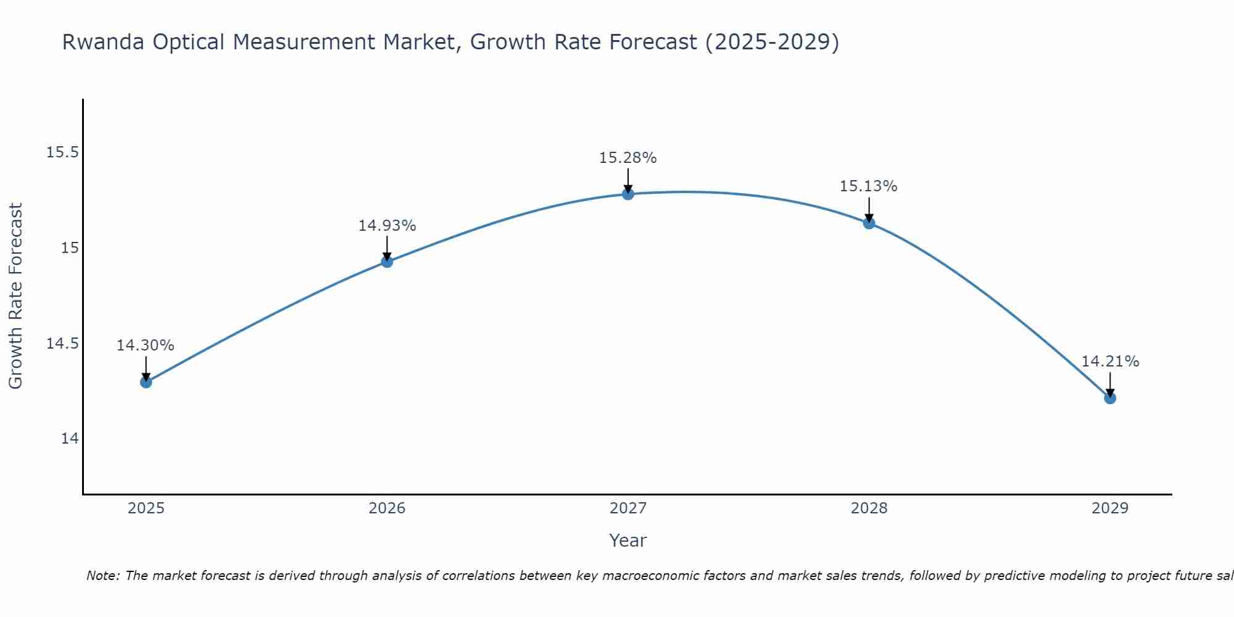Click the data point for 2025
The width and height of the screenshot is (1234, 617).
pos(146,382)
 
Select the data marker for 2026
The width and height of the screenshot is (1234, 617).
pos(387,262)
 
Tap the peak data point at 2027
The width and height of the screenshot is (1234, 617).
pos(628,194)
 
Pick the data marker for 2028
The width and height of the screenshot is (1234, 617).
pos(869,223)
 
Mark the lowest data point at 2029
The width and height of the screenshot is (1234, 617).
pos(1110,398)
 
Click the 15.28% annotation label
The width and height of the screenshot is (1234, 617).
pos(628,158)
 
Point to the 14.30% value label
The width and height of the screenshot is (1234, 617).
pos(146,346)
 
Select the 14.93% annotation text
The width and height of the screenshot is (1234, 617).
pos(387,226)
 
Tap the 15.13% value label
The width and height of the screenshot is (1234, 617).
pos(869,186)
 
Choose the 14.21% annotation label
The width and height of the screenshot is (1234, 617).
pos(1110,362)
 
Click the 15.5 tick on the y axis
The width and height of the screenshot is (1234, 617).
pos(62,152)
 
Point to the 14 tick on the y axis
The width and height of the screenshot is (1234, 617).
pos(70,439)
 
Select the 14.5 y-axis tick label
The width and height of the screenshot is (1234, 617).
pos(62,344)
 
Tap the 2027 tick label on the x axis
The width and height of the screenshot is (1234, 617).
pos(628,508)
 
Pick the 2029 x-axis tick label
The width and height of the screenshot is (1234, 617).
pos(1110,508)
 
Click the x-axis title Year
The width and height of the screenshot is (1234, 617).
pos(628,540)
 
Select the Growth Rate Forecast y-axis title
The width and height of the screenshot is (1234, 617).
pos(16,296)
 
